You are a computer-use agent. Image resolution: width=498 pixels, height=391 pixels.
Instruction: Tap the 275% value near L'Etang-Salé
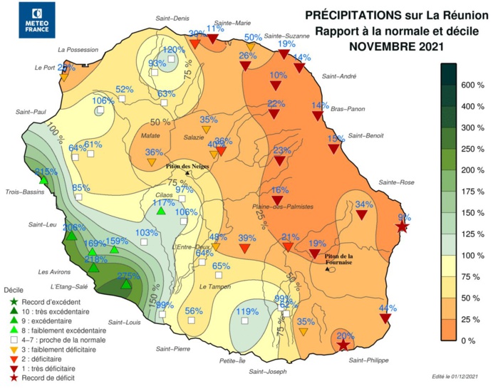[x=128, y=276]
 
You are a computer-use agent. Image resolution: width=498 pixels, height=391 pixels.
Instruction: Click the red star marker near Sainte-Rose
[x=402, y=226]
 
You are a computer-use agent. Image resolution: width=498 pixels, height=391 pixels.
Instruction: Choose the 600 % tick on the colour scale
[x=470, y=85]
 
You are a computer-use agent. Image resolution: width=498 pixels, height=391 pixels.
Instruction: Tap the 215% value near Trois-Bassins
[x=46, y=172]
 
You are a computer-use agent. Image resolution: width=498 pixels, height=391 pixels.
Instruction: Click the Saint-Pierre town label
[x=172, y=349]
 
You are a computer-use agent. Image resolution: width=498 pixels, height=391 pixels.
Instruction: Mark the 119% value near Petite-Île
[x=247, y=311]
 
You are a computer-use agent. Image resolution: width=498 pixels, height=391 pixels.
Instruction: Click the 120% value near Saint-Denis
[x=175, y=50]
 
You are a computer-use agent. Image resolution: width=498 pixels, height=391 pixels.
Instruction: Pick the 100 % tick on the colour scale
[x=470, y=255]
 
